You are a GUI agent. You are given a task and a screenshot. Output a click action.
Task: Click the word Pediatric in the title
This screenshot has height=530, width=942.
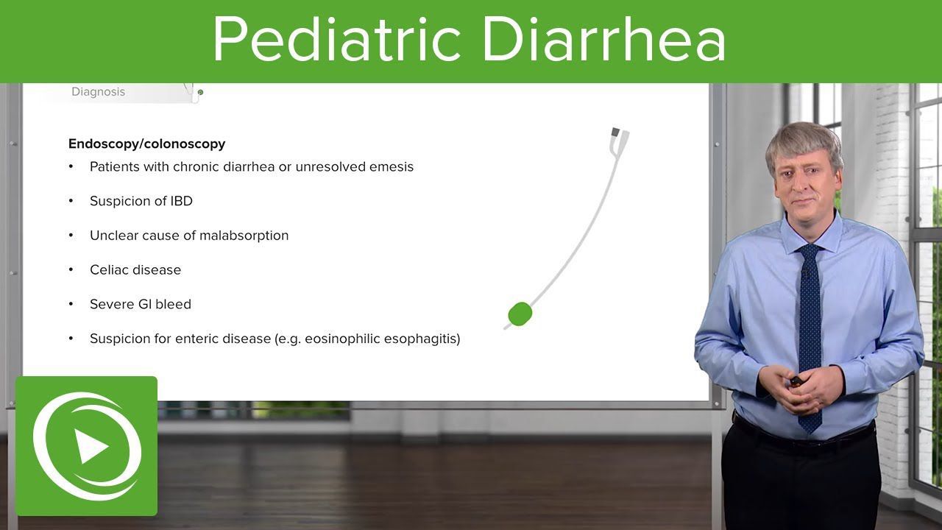pos(337,39)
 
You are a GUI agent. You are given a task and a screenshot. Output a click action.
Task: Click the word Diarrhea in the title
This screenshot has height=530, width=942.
pos(604,39)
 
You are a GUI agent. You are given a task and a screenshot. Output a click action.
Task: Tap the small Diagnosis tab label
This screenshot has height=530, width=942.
pos(99,92)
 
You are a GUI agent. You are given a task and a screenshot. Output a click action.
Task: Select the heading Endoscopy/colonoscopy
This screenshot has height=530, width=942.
pos(146,144)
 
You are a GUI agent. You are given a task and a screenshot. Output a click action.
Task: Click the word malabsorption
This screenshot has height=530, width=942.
pos(244,236)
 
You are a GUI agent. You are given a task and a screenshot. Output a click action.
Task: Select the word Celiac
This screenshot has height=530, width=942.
pos(109,269)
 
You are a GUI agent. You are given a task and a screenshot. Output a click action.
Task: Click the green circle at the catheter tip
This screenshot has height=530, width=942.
pos(520,314)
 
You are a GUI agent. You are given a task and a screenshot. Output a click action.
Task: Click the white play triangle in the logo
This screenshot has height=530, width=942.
pos(91,446)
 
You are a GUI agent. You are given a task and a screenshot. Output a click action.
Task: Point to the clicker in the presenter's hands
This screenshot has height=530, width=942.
pos(796,381)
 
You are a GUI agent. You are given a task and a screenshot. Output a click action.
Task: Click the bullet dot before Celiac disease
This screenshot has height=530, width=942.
pos(71,269)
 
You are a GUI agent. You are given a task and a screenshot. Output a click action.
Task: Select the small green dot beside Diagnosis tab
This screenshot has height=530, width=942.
pos(200,92)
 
